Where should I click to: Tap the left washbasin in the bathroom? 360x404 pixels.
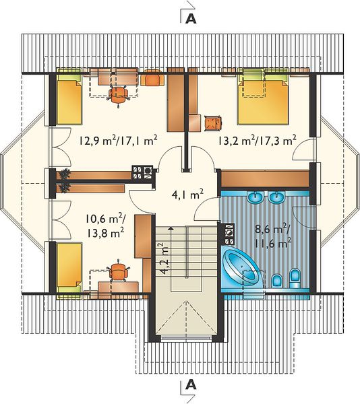[256, 197]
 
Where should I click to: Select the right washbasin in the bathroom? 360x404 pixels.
[276, 197]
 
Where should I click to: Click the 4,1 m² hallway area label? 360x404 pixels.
[187, 195]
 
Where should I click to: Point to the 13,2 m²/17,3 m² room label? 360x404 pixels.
[257, 141]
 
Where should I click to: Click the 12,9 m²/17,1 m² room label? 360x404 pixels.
[118, 141]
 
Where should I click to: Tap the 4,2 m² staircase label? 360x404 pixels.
[164, 258]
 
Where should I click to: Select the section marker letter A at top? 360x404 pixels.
[191, 19]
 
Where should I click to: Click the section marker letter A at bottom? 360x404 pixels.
[191, 384]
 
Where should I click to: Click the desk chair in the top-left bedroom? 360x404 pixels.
[118, 94]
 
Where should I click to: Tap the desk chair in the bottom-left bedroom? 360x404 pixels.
[119, 271]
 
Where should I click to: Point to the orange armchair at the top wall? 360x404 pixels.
[152, 77]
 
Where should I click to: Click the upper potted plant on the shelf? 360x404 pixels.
[65, 174]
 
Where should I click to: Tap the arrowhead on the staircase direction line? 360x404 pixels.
[170, 228]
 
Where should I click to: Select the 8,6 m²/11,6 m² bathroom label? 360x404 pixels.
[274, 236]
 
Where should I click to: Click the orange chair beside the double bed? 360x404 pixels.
[213, 123]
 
